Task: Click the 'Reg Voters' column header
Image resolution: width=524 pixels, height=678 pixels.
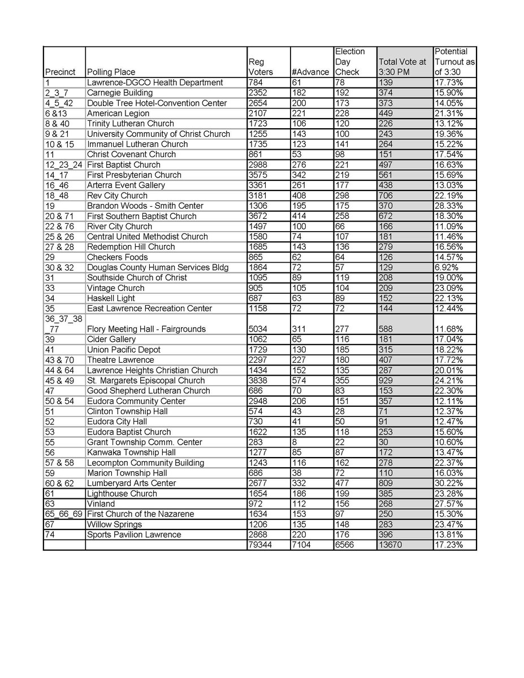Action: coord(261,67)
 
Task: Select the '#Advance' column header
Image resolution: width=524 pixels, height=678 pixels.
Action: coord(310,72)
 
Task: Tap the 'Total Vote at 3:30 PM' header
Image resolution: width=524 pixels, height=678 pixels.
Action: coord(402,67)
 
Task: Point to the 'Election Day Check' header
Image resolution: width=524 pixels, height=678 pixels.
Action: coord(350,62)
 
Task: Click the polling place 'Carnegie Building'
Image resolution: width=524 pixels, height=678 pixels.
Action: coord(120,93)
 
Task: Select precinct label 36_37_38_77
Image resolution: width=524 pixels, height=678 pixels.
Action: coord(63,324)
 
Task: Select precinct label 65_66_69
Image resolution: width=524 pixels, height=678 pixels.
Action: coord(63,514)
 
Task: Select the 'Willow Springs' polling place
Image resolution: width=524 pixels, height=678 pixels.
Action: coord(115,524)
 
